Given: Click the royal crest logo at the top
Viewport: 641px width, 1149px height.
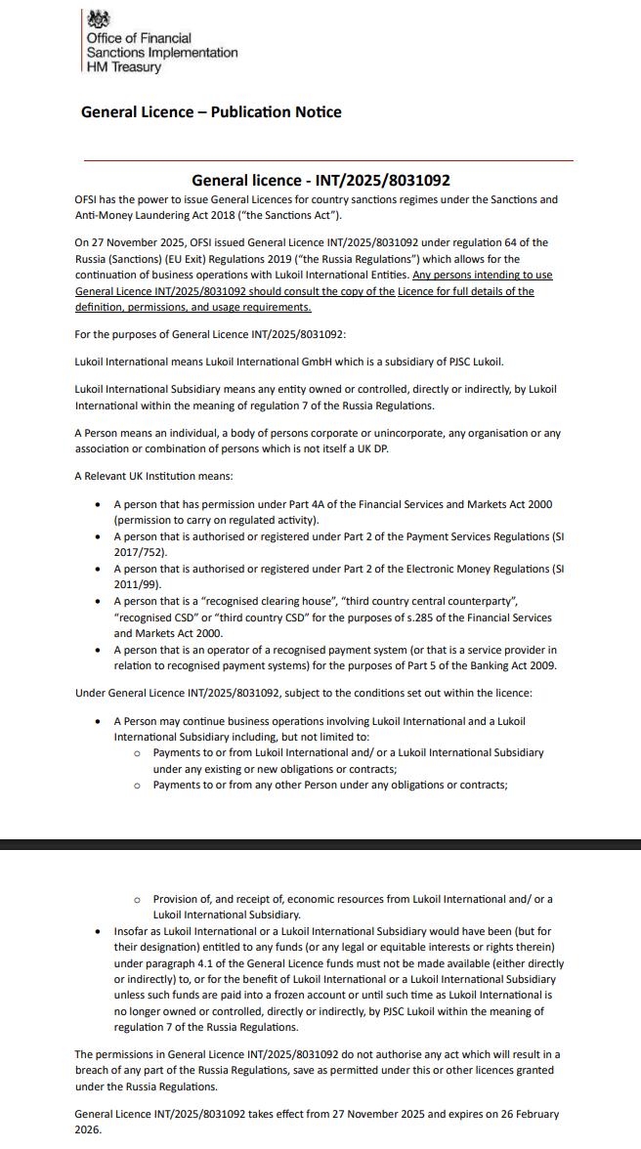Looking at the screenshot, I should tap(99, 20).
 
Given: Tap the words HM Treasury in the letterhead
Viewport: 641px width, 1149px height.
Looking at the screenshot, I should tap(125, 67).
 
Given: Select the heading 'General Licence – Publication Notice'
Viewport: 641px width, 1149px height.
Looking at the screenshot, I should tap(211, 112).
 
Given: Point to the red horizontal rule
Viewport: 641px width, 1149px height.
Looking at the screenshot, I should tap(328, 159).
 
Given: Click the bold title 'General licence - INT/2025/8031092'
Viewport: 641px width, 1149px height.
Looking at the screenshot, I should tap(320, 181).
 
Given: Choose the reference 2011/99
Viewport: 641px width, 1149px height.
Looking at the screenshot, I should tap(134, 583).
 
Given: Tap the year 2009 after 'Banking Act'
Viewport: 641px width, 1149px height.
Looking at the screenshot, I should tap(542, 665).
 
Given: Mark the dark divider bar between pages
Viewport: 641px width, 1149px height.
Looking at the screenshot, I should tap(320, 843).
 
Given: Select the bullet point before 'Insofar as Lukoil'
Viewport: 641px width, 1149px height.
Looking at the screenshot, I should tap(98, 932).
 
